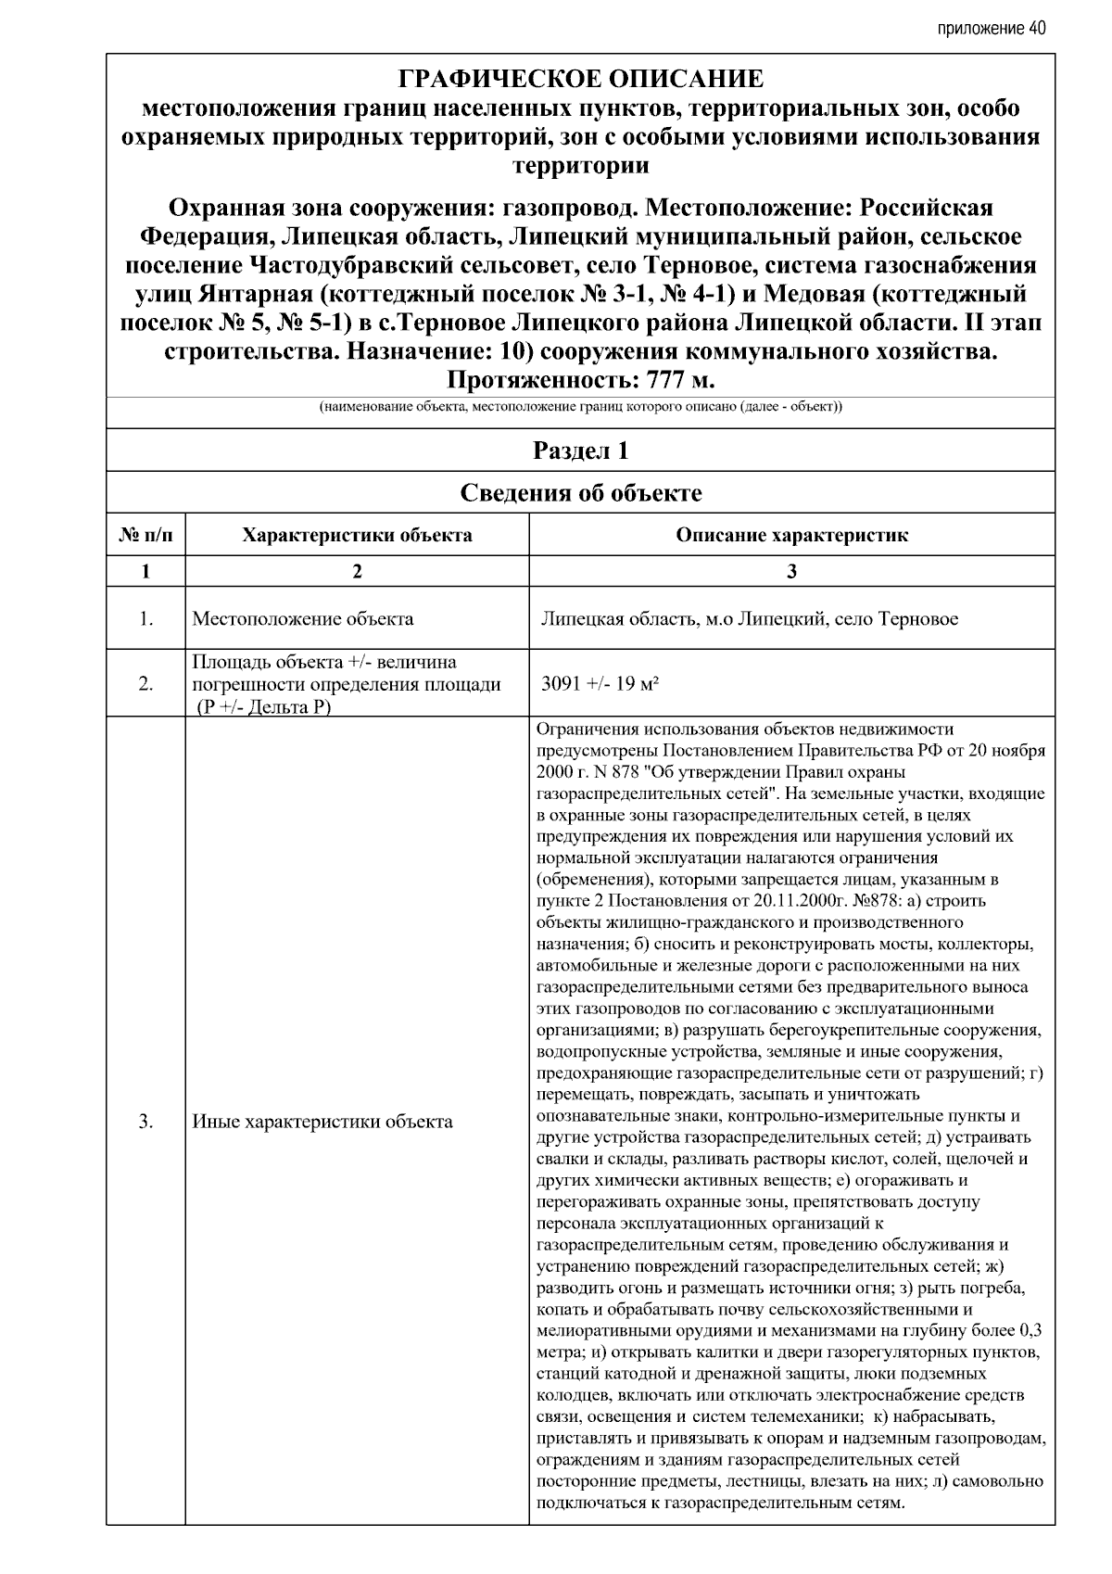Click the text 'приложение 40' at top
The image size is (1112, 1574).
click(x=991, y=28)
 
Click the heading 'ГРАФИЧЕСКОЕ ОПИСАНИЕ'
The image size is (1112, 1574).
click(x=580, y=79)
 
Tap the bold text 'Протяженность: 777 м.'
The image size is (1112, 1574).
click(x=582, y=381)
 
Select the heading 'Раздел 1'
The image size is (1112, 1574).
click(x=581, y=451)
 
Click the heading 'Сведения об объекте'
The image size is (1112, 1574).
click(x=581, y=493)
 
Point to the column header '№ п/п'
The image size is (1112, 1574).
click(x=145, y=535)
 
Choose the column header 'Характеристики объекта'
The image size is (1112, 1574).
click(x=357, y=535)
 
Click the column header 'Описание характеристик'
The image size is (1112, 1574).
click(x=791, y=535)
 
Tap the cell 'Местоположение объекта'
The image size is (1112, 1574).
click(x=303, y=618)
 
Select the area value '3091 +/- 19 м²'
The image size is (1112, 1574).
click(x=600, y=684)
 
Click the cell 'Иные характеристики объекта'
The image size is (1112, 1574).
click(x=322, y=1122)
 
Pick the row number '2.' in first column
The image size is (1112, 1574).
click(x=145, y=684)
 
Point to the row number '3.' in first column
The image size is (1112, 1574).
click(x=145, y=1122)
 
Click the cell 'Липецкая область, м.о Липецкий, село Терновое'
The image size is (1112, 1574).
click(x=749, y=618)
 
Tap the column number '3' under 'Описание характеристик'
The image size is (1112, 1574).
click(x=791, y=571)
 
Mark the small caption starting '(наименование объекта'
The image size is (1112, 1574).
click(x=581, y=408)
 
